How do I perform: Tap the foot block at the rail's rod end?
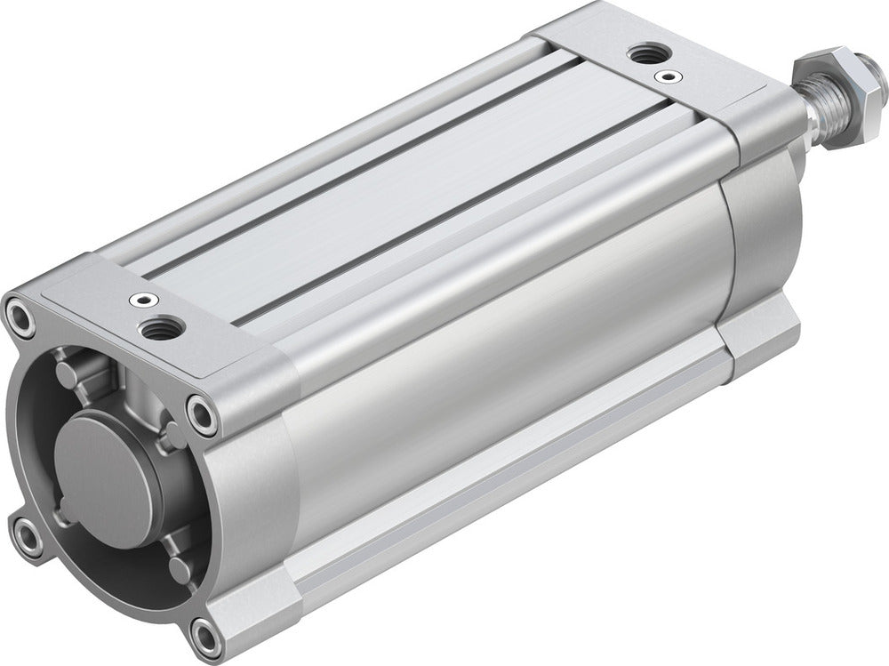point(756,338)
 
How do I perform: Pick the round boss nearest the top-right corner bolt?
point(171,432)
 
